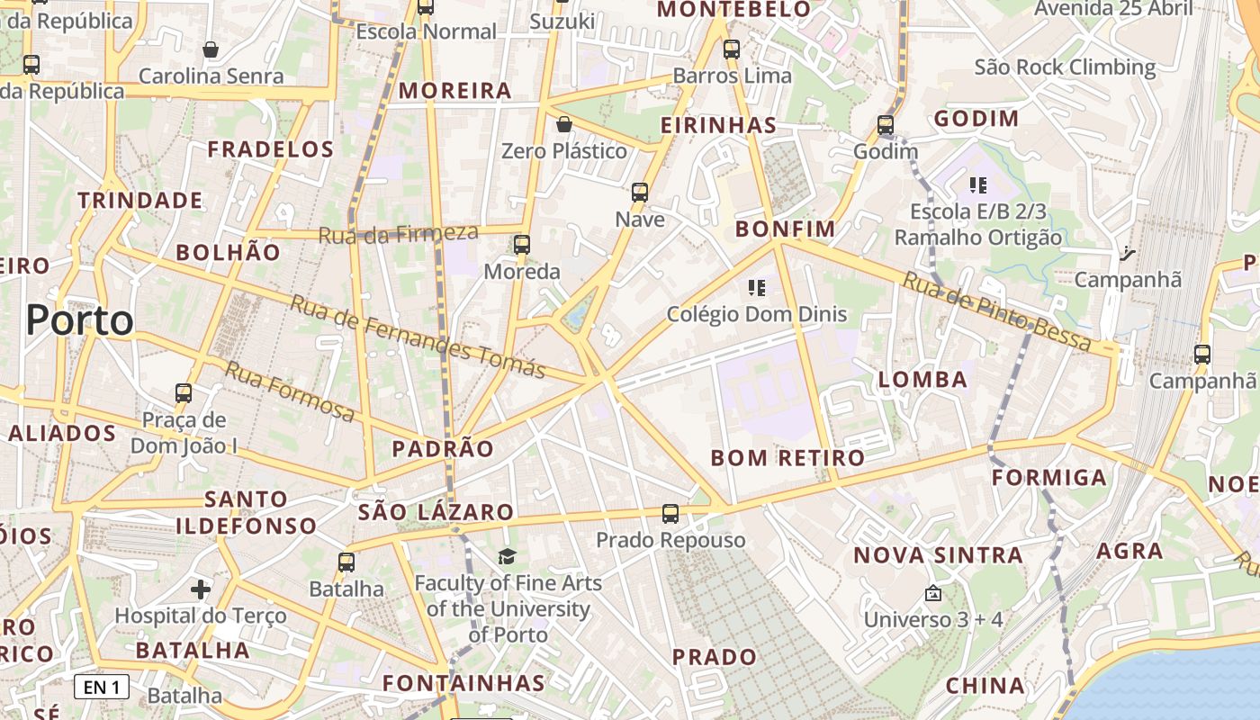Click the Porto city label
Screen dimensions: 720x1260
79,320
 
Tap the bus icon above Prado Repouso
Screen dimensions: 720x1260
670,514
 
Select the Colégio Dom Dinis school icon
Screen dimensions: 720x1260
757,288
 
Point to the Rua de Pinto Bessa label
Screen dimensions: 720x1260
996,311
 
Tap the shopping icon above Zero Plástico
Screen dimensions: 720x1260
564,124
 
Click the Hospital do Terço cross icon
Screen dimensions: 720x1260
201,589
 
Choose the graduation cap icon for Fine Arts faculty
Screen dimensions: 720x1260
508,556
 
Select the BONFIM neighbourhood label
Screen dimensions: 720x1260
785,229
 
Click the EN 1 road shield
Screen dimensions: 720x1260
102,688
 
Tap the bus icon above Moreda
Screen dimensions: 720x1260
522,245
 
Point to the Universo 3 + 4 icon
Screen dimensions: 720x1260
933,593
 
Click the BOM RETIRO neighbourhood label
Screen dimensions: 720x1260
787,458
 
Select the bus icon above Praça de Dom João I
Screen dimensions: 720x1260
184,393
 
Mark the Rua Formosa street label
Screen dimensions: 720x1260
289,391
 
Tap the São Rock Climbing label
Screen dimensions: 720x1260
1065,67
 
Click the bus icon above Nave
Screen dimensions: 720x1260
640,193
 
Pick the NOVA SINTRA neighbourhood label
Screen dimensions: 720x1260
938,555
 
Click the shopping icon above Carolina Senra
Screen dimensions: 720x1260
211,49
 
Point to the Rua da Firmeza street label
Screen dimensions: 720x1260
399,234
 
